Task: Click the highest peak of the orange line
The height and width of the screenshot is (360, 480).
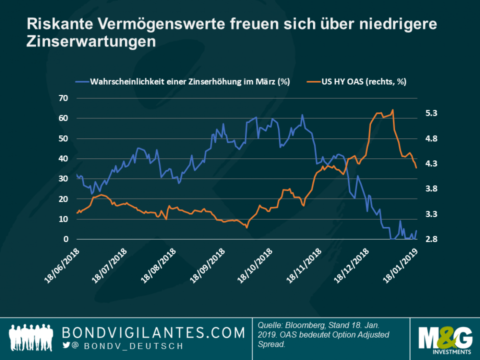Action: [392, 110]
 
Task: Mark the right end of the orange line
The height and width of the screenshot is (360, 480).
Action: [416, 167]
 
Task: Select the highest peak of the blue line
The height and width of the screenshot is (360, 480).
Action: [302, 115]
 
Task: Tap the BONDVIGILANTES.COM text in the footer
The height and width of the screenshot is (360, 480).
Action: [153, 333]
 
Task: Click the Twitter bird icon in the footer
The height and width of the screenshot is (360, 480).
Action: [66, 346]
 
